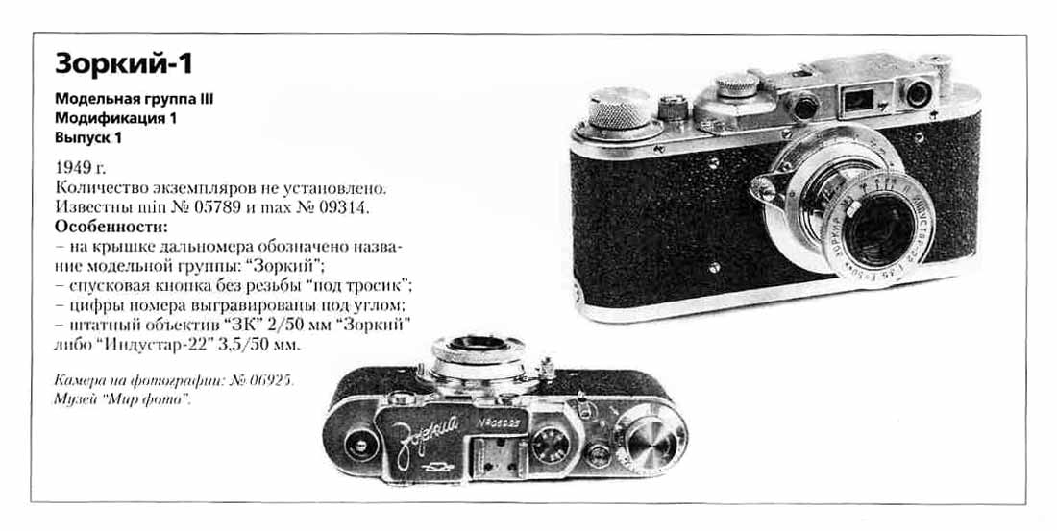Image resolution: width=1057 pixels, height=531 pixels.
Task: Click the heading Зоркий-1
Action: click(x=124, y=64)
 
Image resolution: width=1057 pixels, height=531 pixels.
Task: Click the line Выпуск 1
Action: click(x=87, y=138)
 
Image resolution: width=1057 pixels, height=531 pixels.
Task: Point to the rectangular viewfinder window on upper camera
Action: click(x=857, y=101)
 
